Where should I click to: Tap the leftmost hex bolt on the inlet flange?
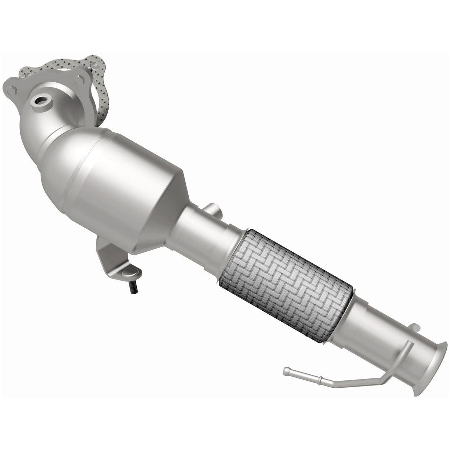coord(12,90)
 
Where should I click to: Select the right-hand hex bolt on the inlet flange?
coord(79,80)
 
